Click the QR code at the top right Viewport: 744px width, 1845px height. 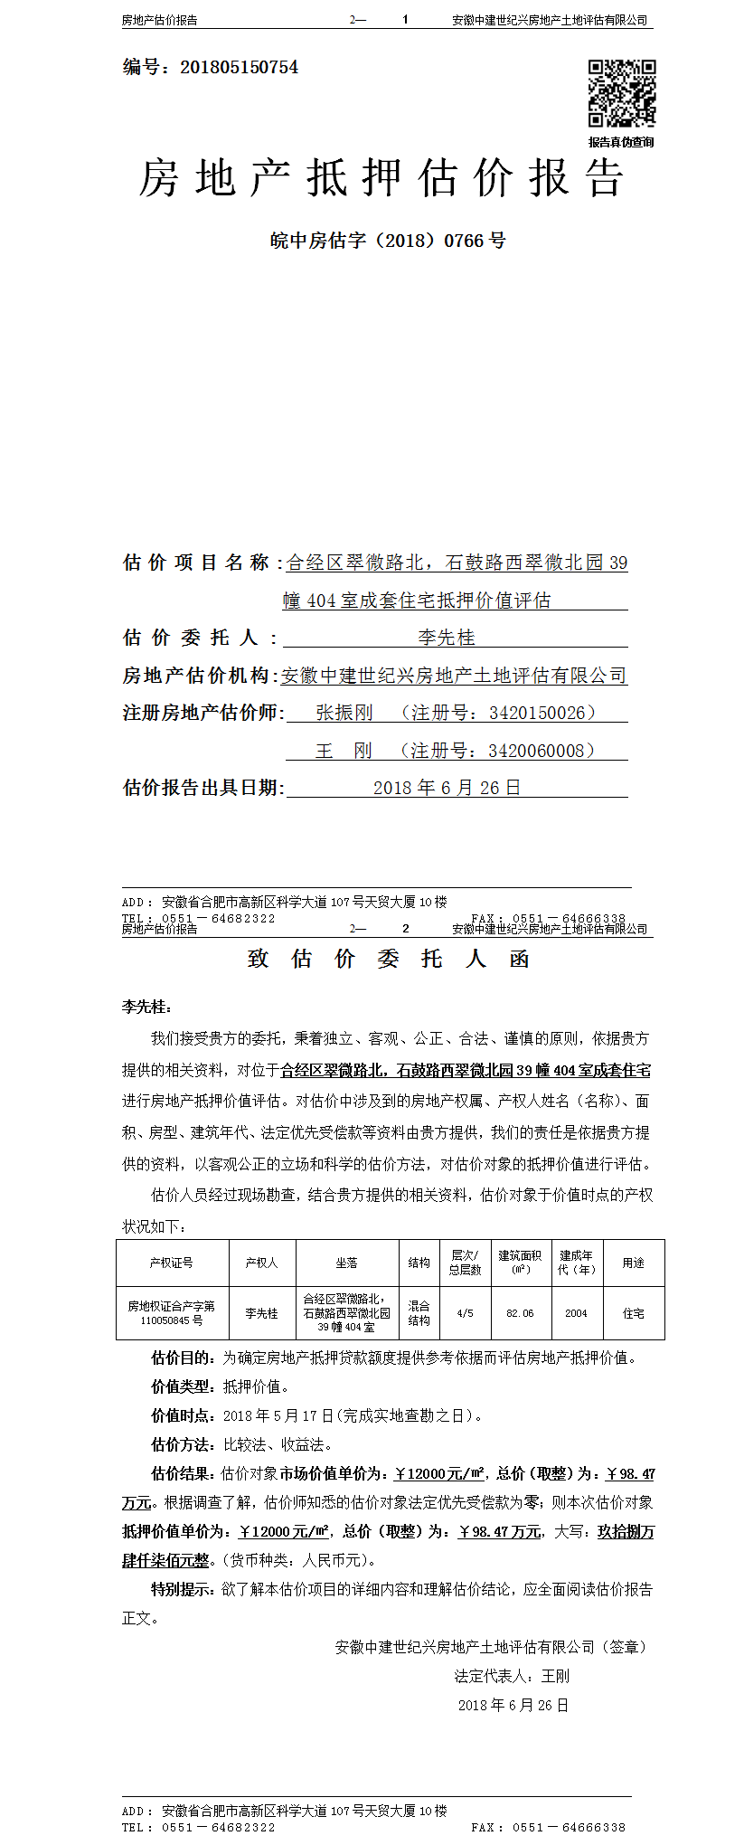(622, 93)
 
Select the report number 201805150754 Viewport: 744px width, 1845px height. (239, 67)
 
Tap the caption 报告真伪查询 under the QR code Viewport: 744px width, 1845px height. (621, 142)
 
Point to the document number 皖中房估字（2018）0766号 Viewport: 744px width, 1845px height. (388, 241)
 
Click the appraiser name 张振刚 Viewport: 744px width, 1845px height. (344, 713)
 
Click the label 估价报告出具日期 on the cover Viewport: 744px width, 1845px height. (202, 788)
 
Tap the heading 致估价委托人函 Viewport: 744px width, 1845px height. (388, 960)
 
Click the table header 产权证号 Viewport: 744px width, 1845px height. (172, 1263)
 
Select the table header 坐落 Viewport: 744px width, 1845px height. (346, 1263)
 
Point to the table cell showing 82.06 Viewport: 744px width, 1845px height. (521, 1313)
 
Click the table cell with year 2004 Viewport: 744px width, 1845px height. (576, 1313)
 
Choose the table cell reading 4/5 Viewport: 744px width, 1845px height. (465, 1313)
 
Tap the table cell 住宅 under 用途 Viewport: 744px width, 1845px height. (633, 1313)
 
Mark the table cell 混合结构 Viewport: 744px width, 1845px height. (419, 1313)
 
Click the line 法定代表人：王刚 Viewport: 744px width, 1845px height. (512, 1676)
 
